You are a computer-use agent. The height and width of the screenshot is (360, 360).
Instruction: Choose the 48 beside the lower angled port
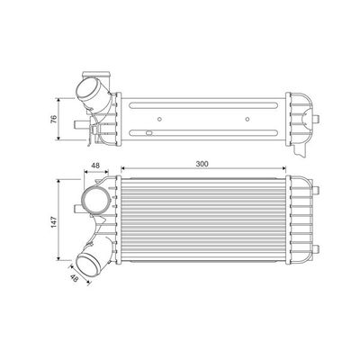pyautogui.click(x=75, y=278)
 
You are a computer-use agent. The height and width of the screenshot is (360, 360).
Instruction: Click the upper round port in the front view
pyautogui.click(x=94, y=196)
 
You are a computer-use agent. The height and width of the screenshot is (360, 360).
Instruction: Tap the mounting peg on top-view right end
pyautogui.click(x=321, y=117)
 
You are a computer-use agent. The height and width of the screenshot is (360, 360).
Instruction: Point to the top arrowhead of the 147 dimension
pyautogui.click(x=60, y=178)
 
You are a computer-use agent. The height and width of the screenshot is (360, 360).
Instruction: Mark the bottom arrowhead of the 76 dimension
pyautogui.click(x=60, y=141)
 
